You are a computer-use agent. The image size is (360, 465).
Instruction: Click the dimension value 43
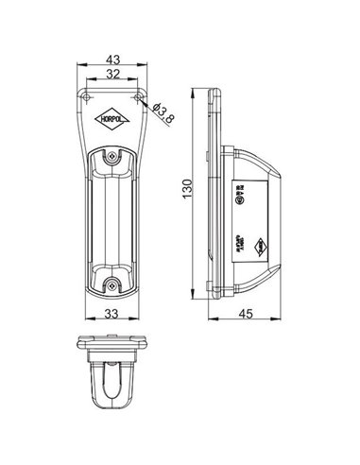(x=112, y=60)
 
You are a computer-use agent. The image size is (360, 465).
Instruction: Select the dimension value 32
(x=112, y=75)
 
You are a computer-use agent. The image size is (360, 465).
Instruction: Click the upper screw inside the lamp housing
(x=113, y=157)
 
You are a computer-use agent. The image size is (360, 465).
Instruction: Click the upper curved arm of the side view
(x=255, y=154)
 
